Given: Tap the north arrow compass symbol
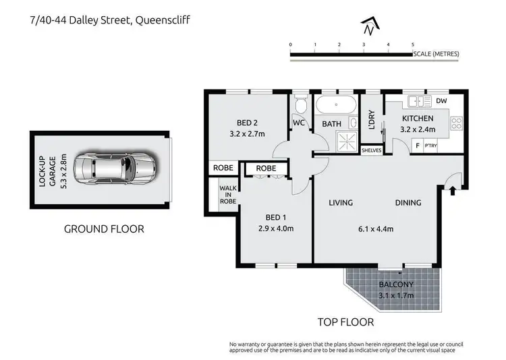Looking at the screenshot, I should pos(368,27).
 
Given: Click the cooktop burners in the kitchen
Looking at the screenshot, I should pos(457,123).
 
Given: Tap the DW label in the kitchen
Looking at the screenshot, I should pos(442,101).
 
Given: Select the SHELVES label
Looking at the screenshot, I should pos(372,150).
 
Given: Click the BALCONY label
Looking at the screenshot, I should pos(392,284).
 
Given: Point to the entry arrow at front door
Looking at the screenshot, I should pos(451,191).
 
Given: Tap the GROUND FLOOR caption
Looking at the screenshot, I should pos(104,229).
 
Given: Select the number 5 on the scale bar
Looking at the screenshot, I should pos(412,44).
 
